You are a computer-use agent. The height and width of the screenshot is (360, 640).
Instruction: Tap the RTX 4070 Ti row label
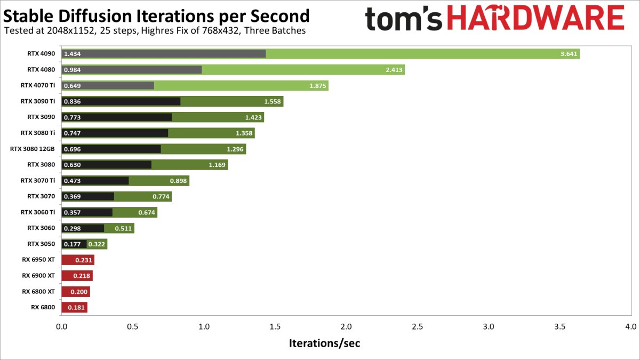pos(37,85)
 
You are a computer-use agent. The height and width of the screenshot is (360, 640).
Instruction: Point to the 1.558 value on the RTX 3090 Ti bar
pos(273,101)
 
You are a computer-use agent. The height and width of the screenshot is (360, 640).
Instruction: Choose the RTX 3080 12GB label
pos(33,149)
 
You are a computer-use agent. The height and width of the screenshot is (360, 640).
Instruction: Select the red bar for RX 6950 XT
pos(77,260)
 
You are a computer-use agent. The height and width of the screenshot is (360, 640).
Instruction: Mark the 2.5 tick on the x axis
pos(417,326)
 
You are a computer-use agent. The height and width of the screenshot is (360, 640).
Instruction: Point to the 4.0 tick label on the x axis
pos(631,326)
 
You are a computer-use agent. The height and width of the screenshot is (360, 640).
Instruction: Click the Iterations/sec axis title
pos(324,343)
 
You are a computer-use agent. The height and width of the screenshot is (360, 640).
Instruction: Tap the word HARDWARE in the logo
pos(535,19)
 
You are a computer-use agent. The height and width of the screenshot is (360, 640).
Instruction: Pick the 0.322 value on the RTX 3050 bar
pos(97,244)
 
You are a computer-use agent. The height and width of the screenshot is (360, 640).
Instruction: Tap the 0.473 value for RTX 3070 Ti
pos(72,181)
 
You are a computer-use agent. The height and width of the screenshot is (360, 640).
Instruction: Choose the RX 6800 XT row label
pos(38,291)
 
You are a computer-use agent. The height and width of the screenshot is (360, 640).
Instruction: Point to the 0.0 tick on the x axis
pos(62,326)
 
